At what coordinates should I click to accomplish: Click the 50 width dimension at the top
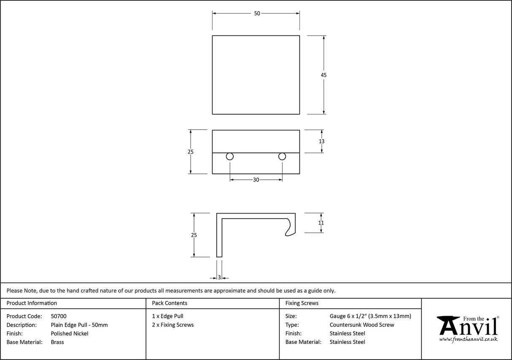(257, 14)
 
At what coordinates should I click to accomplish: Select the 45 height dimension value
(323, 75)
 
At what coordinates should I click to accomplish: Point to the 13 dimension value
(322, 141)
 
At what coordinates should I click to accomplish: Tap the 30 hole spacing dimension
(256, 180)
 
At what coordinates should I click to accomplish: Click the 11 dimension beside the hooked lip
(321, 223)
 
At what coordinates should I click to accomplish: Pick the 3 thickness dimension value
(219, 278)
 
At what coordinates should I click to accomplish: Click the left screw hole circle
(230, 157)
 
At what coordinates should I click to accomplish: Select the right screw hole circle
(282, 157)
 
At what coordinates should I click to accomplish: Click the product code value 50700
(59, 316)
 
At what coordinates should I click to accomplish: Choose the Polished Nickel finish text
(70, 333)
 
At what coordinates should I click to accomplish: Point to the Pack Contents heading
(170, 303)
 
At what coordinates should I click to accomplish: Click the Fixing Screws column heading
(302, 303)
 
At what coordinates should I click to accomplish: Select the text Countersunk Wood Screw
(362, 325)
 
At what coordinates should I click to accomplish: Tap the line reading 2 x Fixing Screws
(173, 325)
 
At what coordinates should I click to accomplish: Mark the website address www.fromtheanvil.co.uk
(468, 339)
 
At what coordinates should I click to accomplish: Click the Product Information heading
(32, 303)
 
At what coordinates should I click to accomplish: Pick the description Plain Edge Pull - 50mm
(79, 325)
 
